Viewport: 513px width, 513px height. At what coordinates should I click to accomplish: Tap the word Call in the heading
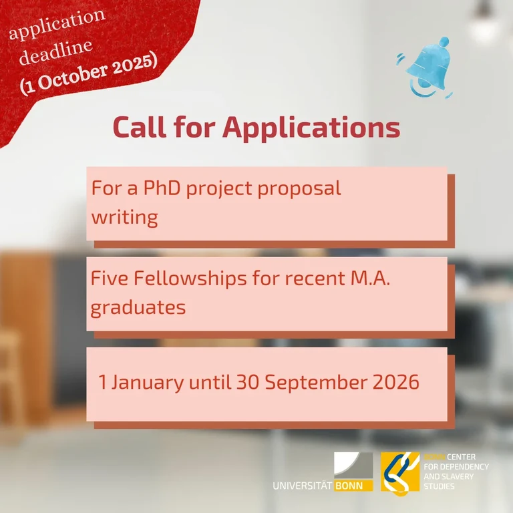click(x=142, y=127)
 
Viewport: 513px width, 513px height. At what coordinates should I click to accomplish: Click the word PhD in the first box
click(x=158, y=188)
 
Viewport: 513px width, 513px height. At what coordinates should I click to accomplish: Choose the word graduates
click(x=138, y=309)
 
